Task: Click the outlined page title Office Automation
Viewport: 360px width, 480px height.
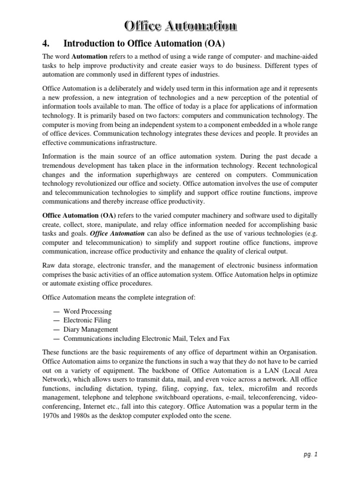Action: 180,26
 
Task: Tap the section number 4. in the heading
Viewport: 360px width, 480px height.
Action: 46,44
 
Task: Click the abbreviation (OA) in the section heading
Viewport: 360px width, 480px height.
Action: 213,44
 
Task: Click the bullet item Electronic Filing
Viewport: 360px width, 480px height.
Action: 87,320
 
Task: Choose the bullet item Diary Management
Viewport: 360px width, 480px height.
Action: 91,330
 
